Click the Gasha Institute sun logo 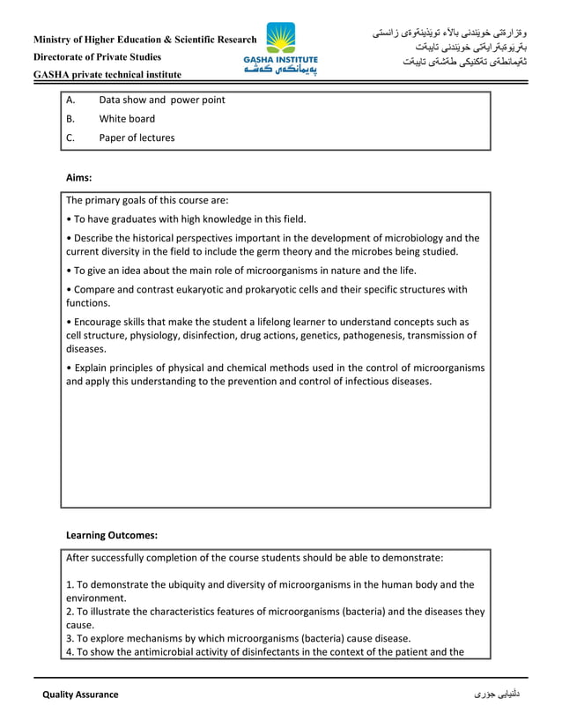[x=281, y=38]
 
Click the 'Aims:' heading [x=79, y=177]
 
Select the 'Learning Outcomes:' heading [x=112, y=534]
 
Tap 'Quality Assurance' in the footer [x=80, y=695]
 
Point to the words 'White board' [x=127, y=119]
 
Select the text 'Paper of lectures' [x=137, y=137]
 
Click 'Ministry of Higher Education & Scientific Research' [x=145, y=40]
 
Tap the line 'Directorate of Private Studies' [x=97, y=57]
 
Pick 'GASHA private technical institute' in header [x=107, y=75]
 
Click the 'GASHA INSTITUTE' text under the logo [x=281, y=60]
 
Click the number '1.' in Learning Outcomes [x=70, y=584]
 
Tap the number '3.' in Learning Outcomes [x=70, y=638]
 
